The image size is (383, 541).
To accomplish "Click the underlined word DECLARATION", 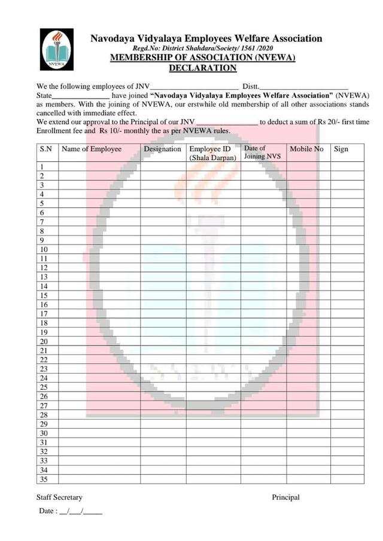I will [x=203, y=68].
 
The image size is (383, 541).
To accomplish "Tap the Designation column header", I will [x=163, y=149].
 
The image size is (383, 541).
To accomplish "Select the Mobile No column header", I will [x=306, y=149].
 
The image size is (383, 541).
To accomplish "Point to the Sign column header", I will [x=341, y=149].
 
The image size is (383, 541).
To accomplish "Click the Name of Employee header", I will [x=92, y=149].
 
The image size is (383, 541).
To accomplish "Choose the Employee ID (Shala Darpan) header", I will [x=212, y=153].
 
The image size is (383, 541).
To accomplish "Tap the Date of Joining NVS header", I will [x=262, y=152].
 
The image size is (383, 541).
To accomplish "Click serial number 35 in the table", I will [x=44, y=479].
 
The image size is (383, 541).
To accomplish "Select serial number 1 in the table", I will [x=42, y=167].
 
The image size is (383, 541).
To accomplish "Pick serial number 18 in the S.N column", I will [x=44, y=323].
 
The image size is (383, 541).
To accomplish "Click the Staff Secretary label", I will [x=59, y=497].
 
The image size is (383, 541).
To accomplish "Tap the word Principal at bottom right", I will [x=285, y=497].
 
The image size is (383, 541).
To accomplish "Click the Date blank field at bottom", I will [x=81, y=512].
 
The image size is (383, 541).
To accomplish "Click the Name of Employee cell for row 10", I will [x=99, y=249].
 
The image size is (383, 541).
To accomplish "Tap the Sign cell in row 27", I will [x=347, y=405].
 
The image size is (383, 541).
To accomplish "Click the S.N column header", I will [x=45, y=149].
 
